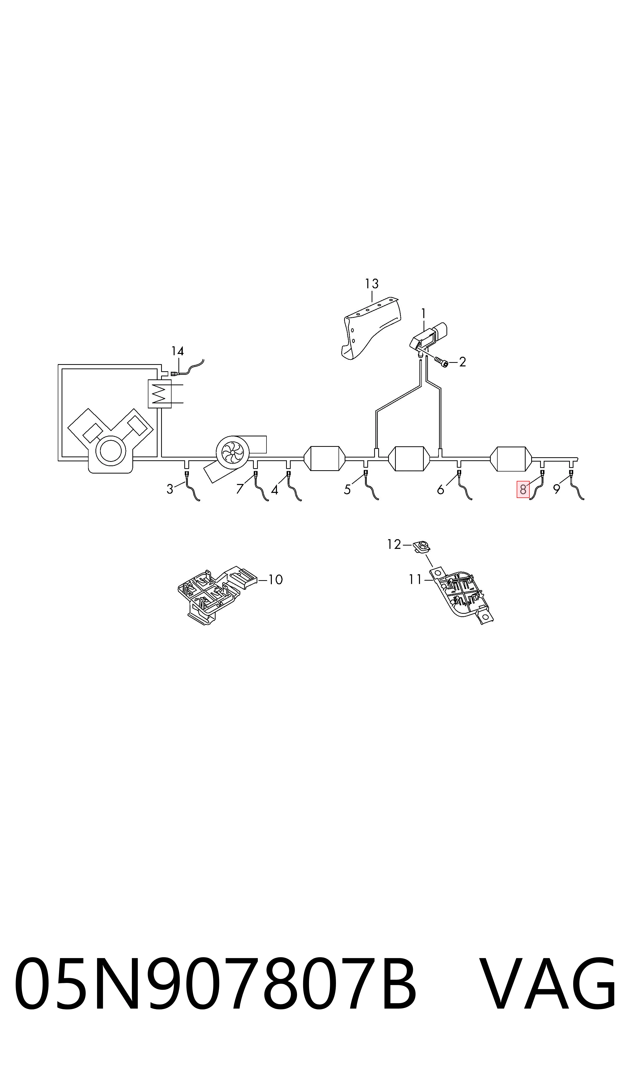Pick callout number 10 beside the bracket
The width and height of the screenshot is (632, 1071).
276,580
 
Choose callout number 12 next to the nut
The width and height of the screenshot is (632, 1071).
394,545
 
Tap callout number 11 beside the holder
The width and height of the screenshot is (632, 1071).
415,580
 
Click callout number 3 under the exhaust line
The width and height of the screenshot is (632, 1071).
170,490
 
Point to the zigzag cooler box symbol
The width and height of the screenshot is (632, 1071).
159,394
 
